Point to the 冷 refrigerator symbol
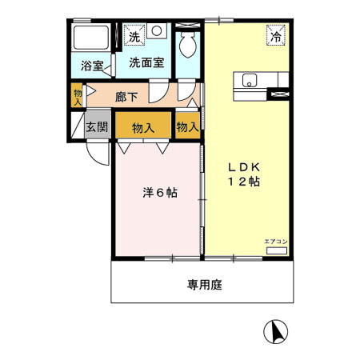pyautogui.click(x=275, y=36)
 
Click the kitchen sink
pyautogui.click(x=249, y=79)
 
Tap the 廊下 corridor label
pyautogui.click(x=127, y=97)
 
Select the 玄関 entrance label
pyautogui.click(x=98, y=126)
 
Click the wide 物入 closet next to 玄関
pyautogui.click(x=143, y=126)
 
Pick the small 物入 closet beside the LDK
pyautogui.click(x=187, y=126)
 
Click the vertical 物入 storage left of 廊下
pyautogui.click(x=78, y=96)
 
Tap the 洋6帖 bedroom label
pyautogui.click(x=160, y=193)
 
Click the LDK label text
pyautogui.click(x=244, y=167)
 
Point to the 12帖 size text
pyautogui.click(x=244, y=182)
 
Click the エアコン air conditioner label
pyautogui.click(x=275, y=241)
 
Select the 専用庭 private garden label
pyautogui.click(x=204, y=283)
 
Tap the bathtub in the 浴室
pyautogui.click(x=90, y=37)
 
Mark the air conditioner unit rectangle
pyautogui.click(x=275, y=250)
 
